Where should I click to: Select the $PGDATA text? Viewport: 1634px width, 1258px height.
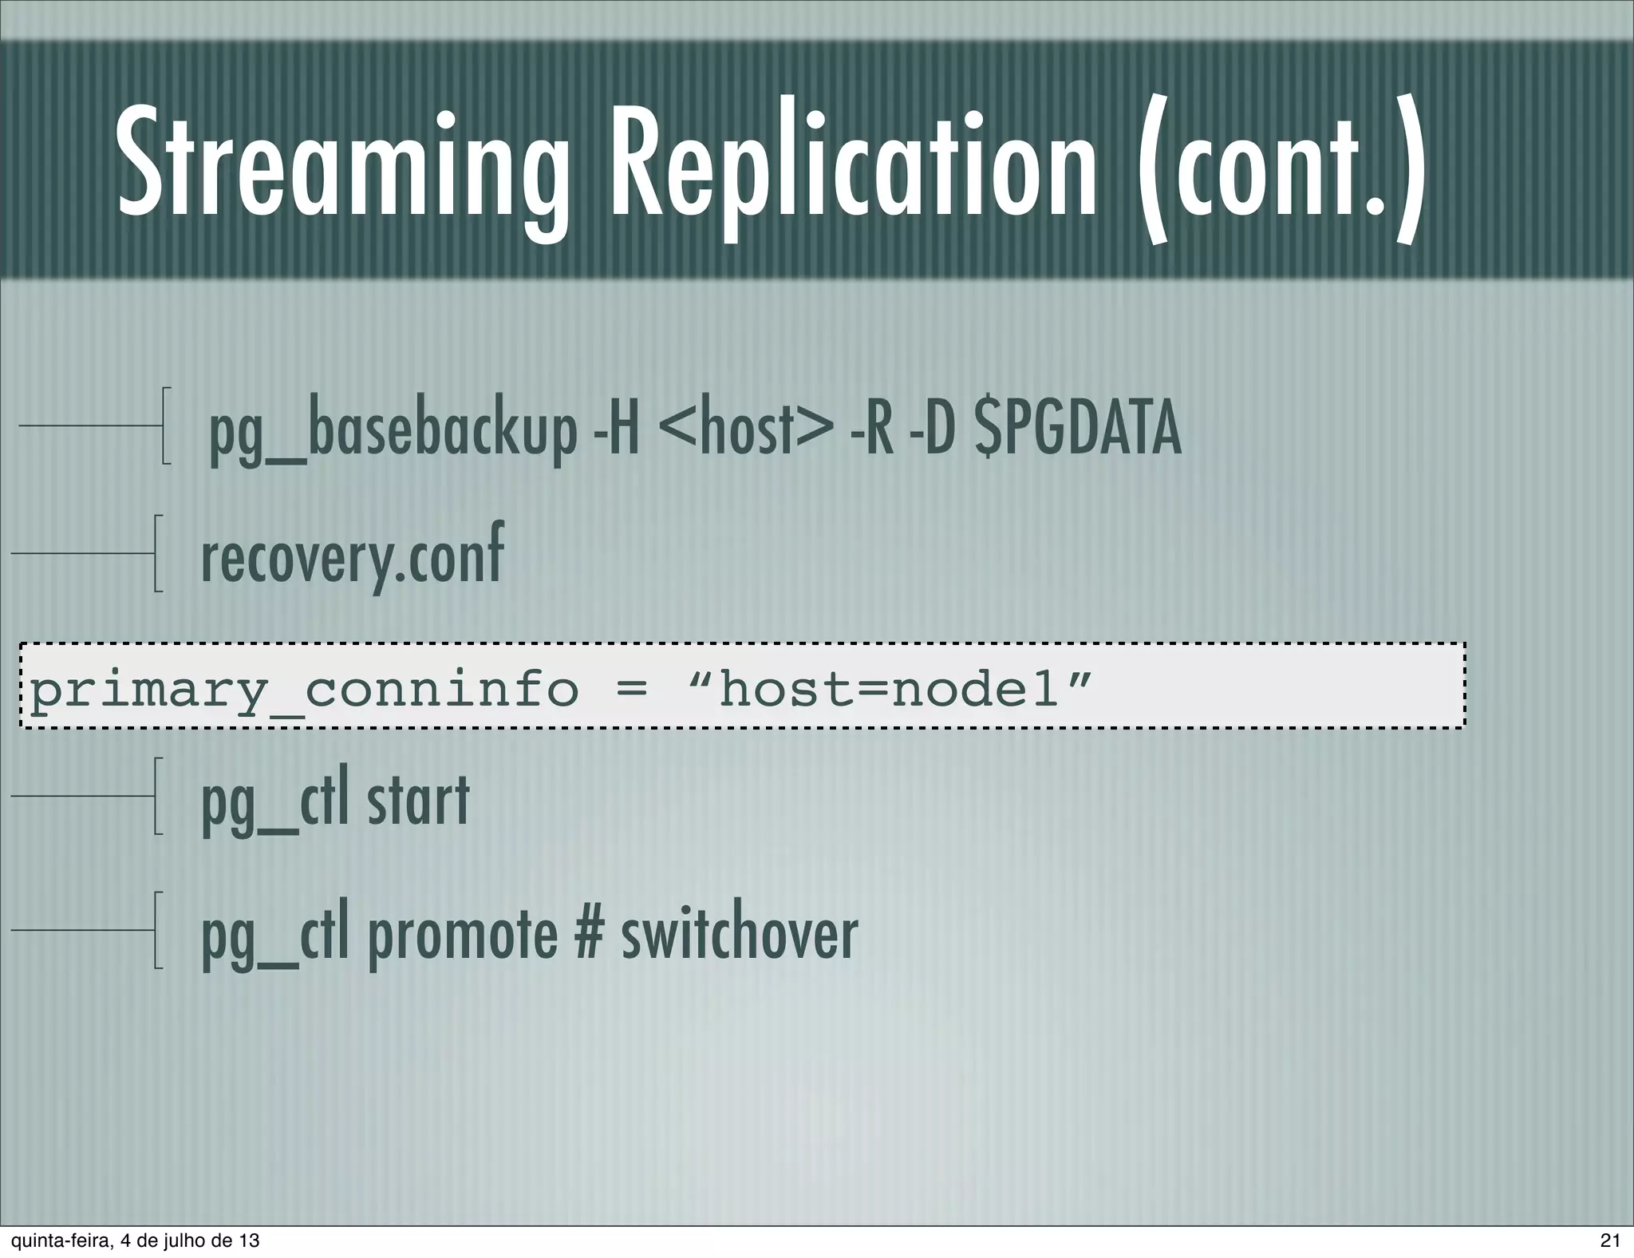tap(1077, 431)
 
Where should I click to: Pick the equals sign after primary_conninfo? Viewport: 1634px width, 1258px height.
tap(632, 689)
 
